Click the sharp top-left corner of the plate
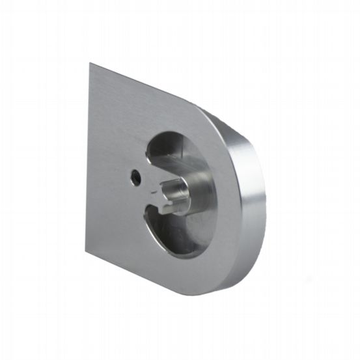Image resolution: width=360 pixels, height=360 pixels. [x=90, y=63]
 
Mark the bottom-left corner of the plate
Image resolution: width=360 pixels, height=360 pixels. [x=85, y=253]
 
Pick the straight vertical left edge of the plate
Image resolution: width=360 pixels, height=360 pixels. [x=88, y=156]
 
